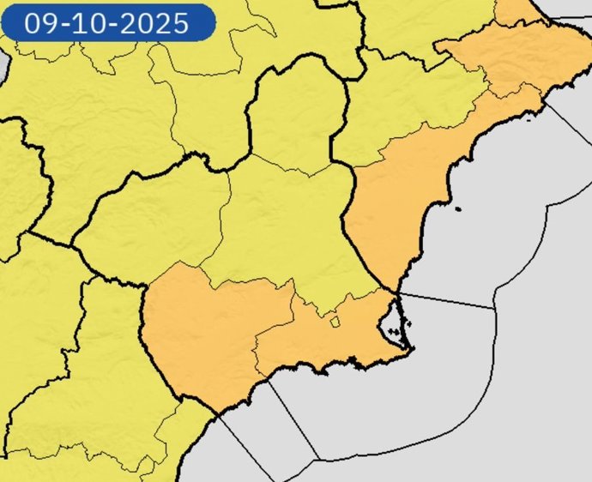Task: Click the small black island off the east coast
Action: coord(458,209)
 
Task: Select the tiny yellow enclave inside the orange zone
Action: coord(335,322)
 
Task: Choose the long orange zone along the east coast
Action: coord(403,197)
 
